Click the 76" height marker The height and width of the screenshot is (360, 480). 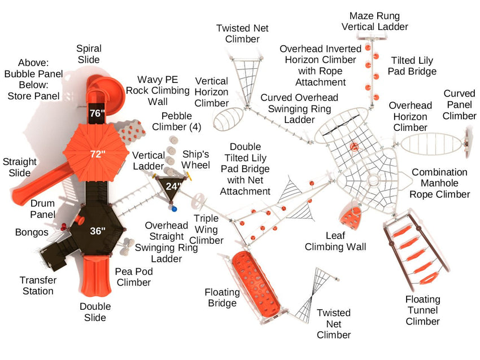97,113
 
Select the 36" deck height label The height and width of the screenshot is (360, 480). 98,230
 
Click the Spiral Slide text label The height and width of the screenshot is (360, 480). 88,54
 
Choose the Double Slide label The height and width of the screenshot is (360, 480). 95,312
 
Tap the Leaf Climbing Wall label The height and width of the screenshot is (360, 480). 335,241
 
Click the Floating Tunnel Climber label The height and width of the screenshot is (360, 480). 422,310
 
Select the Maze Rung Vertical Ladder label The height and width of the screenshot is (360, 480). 375,21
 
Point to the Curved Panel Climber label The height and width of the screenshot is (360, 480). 459,104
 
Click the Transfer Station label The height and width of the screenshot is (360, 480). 37,286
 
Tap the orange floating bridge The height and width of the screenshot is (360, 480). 256,280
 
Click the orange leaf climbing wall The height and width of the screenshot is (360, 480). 352,217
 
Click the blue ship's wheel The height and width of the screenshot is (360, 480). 174,209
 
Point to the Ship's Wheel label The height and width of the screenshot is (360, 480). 196,159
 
